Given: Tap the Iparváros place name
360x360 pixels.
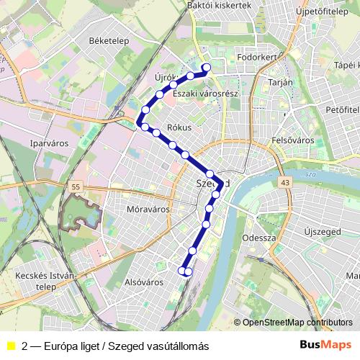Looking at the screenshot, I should click(49, 143).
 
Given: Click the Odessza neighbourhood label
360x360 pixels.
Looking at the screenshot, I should click(260, 237).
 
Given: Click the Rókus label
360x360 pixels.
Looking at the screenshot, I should click(178, 127).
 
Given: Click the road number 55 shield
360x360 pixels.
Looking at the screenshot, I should click(76, 187).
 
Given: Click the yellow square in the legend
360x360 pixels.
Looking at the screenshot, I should click(10, 346).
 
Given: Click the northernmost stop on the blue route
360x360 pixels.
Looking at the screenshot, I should click(205, 68).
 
